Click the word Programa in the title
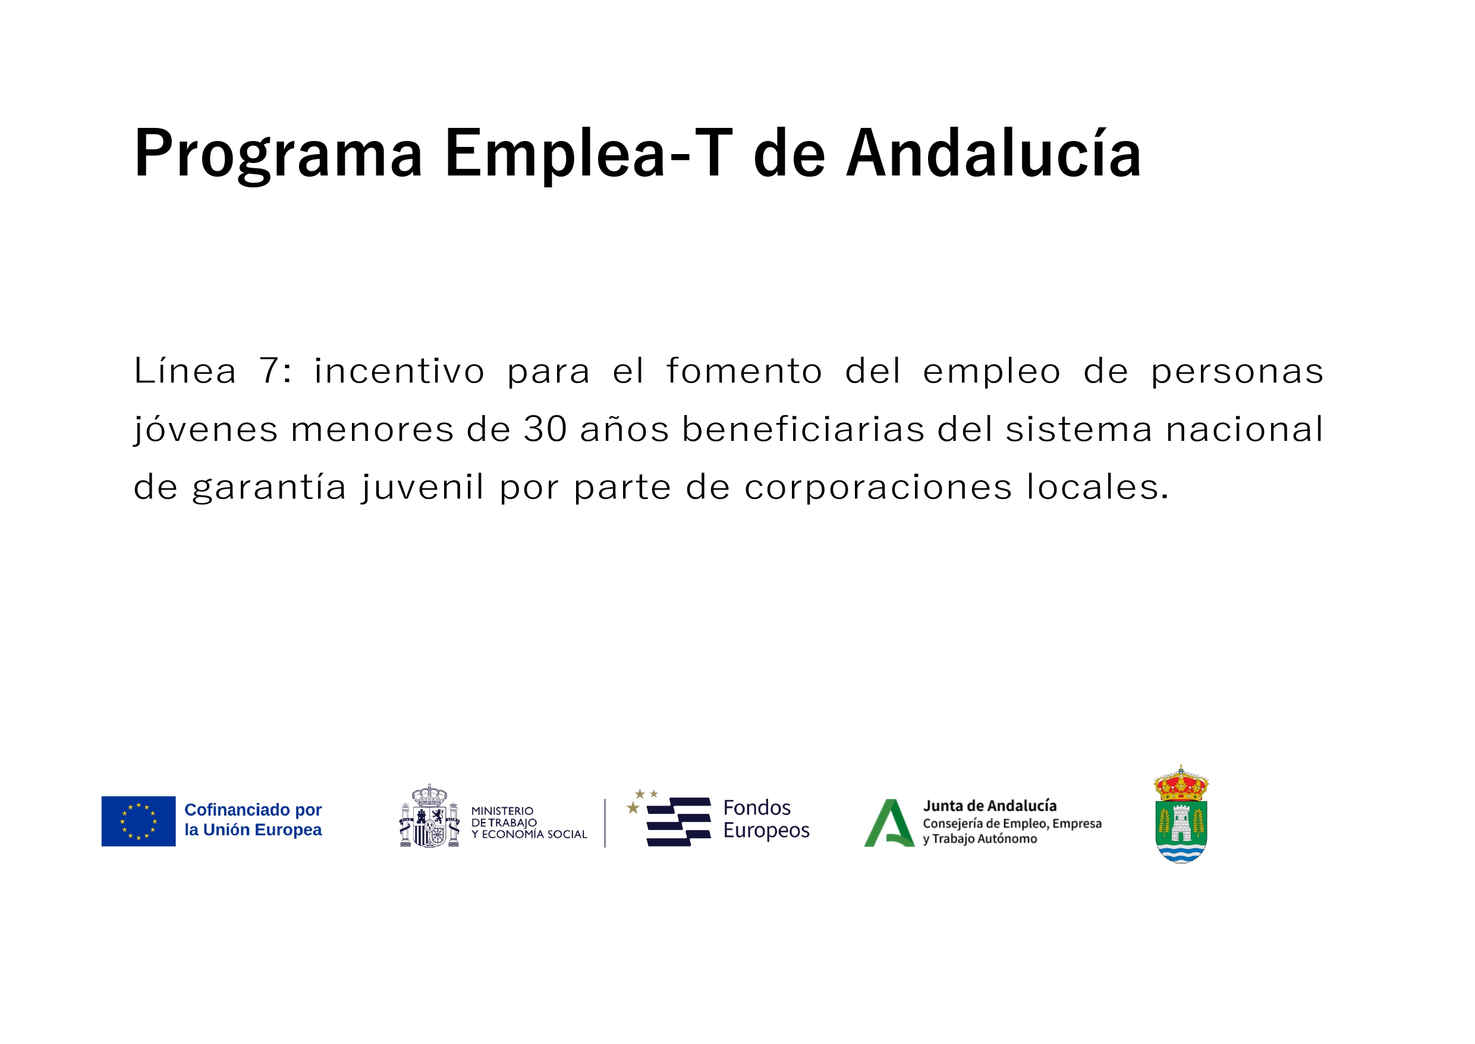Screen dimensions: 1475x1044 point(278,155)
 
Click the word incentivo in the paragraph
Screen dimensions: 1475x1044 point(399,371)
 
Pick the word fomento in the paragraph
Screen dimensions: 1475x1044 point(744,371)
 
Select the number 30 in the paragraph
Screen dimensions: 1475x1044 point(545,429)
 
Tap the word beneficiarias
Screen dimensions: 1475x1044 point(803,429)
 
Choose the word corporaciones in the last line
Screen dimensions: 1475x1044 point(878,487)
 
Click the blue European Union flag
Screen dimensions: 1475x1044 point(138,821)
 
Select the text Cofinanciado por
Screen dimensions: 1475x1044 point(253,810)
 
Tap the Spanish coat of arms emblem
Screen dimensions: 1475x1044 point(429,816)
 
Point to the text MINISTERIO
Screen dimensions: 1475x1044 point(502,811)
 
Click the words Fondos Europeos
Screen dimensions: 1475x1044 point(766,819)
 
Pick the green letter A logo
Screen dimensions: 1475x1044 point(889,823)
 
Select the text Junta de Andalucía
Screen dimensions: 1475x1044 point(989,806)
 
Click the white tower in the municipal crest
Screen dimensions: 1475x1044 point(1181,823)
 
